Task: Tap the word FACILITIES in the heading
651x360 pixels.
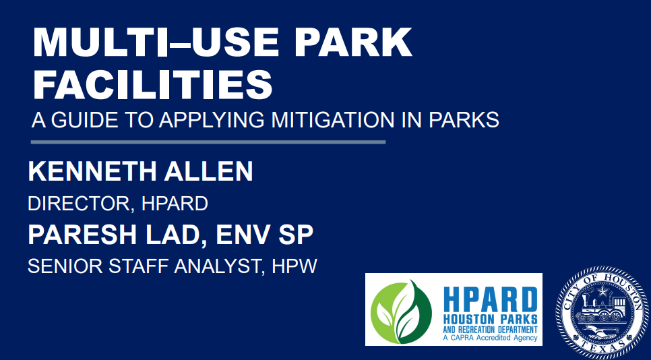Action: (x=152, y=84)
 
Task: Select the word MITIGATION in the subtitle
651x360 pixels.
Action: (x=333, y=120)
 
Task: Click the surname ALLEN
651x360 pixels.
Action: (x=208, y=171)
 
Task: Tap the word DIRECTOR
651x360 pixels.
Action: (x=79, y=204)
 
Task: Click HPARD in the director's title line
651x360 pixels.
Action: (x=175, y=204)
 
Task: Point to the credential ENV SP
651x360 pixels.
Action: (x=264, y=235)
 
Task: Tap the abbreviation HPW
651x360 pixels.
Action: (x=294, y=266)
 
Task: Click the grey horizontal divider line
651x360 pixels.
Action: (x=208, y=142)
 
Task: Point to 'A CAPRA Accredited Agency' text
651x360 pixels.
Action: (x=491, y=338)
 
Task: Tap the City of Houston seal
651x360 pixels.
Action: (x=602, y=312)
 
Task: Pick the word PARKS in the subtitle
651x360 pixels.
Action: (x=464, y=120)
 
